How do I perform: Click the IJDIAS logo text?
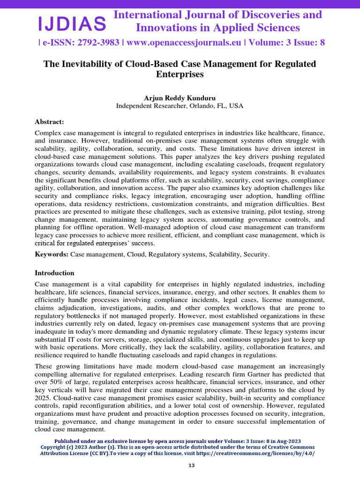click(x=72, y=22)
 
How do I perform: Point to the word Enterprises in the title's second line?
click(x=180, y=74)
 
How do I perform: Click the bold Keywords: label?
click(x=52, y=254)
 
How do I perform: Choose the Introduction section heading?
click(x=55, y=273)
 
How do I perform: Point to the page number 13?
click(x=191, y=465)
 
